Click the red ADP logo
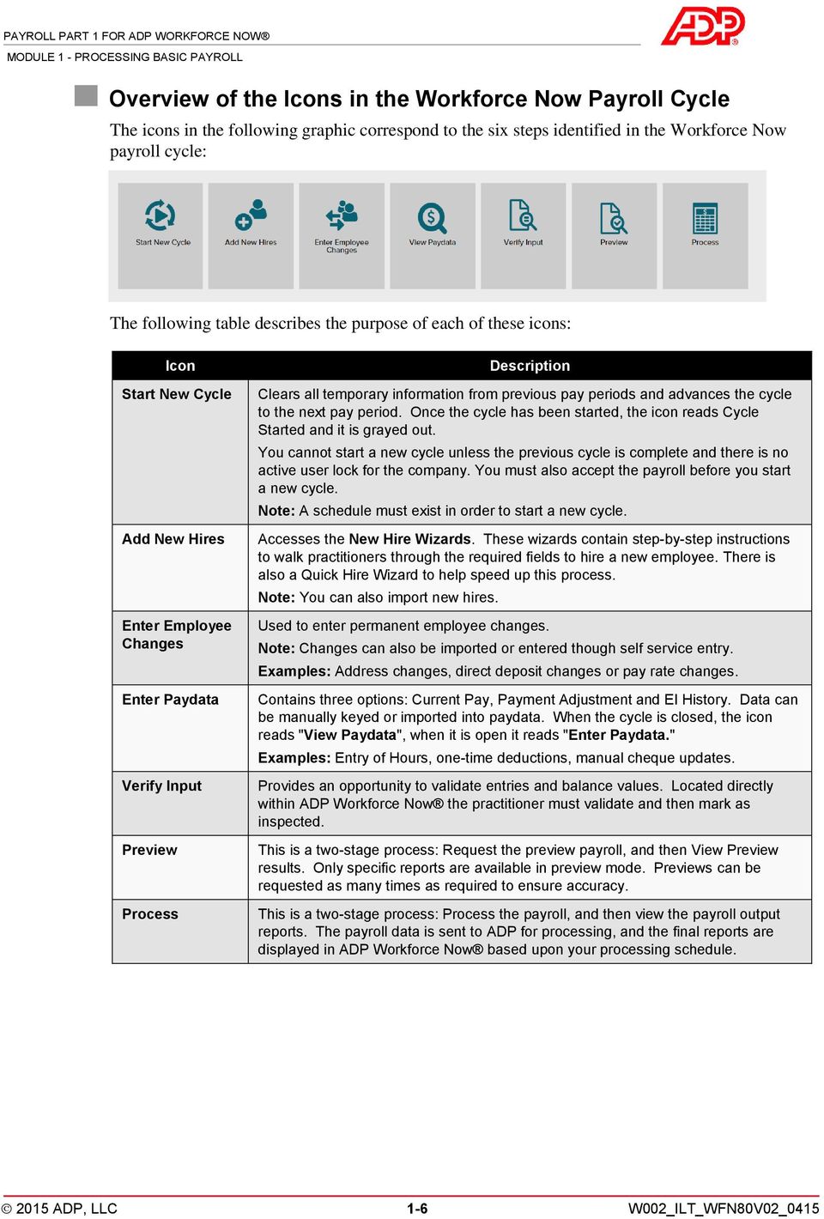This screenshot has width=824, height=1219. click(701, 26)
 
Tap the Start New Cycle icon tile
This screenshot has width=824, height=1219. click(161, 234)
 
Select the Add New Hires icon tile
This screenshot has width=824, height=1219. click(251, 234)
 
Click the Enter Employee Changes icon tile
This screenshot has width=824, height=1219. click(342, 234)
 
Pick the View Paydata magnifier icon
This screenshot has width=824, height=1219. click(432, 218)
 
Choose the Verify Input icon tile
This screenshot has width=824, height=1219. click(523, 234)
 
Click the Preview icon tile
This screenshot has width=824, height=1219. click(614, 234)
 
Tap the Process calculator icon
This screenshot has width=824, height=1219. click(705, 219)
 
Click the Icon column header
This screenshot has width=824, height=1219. click(180, 366)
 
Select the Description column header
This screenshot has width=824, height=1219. click(530, 366)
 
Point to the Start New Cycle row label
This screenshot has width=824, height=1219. click(177, 394)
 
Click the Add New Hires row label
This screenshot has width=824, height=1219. click(173, 539)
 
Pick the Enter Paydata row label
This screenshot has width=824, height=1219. click(170, 700)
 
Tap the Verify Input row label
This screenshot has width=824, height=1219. click(161, 785)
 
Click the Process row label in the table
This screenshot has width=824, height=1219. click(150, 914)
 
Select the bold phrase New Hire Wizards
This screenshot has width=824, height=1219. click(409, 539)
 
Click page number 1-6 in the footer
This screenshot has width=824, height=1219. click(417, 1209)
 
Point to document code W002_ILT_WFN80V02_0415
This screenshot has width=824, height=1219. click(724, 1209)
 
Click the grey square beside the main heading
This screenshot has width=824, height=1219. click(86, 95)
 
